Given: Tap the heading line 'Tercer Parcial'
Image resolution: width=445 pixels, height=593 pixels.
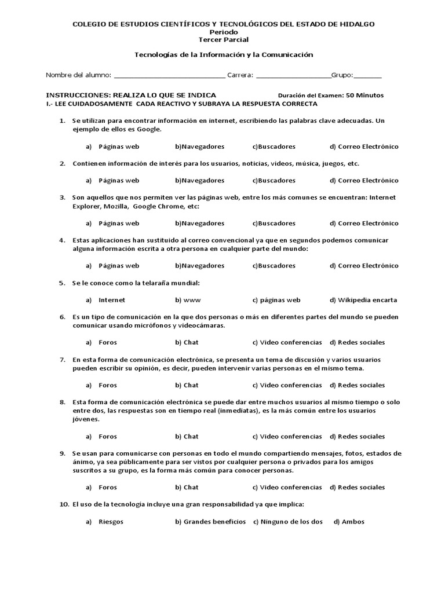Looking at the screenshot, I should coord(223,39).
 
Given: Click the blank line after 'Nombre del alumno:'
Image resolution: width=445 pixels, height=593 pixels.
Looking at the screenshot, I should coord(170,76).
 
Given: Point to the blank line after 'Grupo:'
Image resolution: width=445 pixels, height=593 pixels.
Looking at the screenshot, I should coord(367,76).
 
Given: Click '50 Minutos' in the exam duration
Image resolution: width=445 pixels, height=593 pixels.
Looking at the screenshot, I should coord(364,95).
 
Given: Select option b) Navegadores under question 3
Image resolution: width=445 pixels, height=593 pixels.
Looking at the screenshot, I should coord(200,223).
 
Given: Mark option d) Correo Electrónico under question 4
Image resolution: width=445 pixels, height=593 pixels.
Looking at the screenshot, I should coord(364,266).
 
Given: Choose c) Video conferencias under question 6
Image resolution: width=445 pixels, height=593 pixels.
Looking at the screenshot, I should coord(287,342).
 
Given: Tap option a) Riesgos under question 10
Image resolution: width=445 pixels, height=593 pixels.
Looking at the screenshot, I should coord(111,522).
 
